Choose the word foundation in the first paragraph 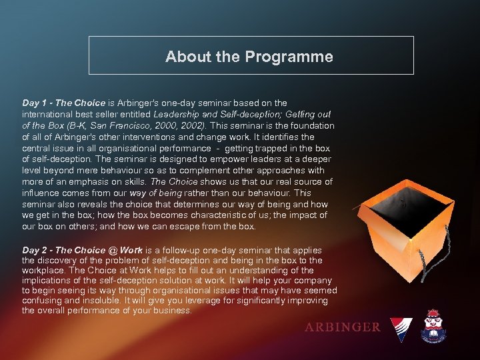coord(308,126)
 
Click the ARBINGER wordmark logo coord(342,327)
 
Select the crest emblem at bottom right coord(438,327)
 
